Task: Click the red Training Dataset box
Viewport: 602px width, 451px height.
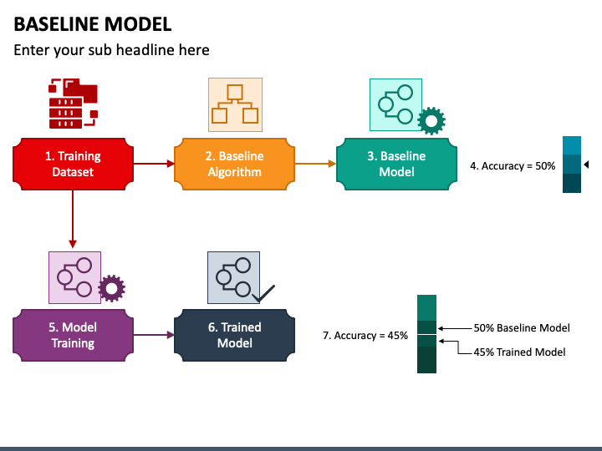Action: click(73, 164)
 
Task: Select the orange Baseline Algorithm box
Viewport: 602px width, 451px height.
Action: click(234, 164)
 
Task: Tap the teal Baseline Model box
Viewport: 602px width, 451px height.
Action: click(396, 164)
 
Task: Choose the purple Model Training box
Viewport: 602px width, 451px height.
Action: click(73, 336)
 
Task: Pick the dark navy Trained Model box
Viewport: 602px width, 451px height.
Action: click(234, 336)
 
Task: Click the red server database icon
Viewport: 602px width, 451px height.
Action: click(73, 103)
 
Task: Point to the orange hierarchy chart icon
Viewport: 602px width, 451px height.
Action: click(235, 104)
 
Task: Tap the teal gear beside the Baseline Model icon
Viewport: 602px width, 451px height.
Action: click(431, 122)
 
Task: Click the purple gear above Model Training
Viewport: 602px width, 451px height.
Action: click(111, 289)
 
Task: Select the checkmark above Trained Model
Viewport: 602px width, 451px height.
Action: click(264, 293)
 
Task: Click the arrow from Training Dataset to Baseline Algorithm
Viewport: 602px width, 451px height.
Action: click(152, 164)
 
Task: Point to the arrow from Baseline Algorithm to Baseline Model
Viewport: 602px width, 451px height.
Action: click(314, 164)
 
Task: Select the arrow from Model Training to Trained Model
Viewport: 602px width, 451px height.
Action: click(152, 336)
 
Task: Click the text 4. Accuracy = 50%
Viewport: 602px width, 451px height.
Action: click(513, 165)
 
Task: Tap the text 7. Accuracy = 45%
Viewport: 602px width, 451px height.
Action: click(365, 336)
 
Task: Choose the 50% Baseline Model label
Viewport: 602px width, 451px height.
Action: click(522, 328)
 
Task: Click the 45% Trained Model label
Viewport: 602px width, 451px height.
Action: click(519, 352)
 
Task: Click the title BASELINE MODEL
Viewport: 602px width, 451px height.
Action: click(93, 23)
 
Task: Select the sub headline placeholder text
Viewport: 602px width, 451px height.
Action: click(111, 50)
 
